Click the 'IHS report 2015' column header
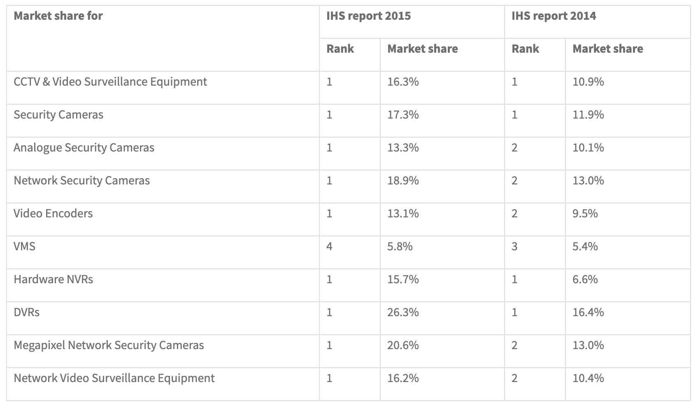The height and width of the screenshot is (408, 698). click(368, 16)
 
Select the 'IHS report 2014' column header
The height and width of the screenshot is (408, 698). click(554, 16)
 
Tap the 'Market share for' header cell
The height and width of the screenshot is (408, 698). click(58, 16)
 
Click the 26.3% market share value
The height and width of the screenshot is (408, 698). click(403, 312)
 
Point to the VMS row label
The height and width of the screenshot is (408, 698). click(25, 247)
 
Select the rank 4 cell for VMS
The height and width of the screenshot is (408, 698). click(329, 247)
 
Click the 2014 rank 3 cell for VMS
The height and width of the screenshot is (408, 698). click(514, 247)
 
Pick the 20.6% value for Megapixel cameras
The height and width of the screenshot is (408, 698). click(403, 345)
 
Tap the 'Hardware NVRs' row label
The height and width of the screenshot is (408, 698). click(54, 280)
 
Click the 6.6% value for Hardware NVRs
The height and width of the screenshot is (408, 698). click(585, 280)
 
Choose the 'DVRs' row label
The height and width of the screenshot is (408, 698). click(27, 312)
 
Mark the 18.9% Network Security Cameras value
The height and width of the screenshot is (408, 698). click(403, 181)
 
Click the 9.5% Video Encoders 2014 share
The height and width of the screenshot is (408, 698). click(585, 214)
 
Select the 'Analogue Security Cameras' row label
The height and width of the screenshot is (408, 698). click(84, 148)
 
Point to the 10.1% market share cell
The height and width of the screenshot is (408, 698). click(588, 148)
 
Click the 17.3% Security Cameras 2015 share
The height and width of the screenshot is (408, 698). click(403, 115)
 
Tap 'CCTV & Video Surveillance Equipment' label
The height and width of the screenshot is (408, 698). click(110, 82)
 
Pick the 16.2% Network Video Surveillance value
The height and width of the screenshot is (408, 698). click(403, 378)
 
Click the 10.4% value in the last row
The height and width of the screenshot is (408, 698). click(588, 378)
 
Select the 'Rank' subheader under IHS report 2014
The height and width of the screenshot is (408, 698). click(525, 49)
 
